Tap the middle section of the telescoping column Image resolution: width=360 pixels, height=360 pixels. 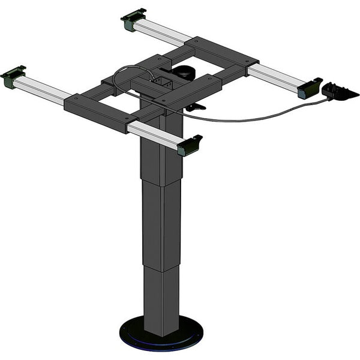pos(161,222)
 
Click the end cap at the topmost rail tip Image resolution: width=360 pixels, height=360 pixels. pos(133,20)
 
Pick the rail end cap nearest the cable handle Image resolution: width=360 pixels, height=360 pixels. pos(309,88)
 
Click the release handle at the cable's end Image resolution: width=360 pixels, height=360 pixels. pos(339,92)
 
